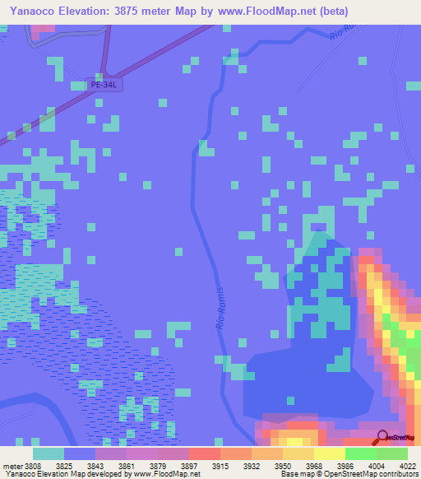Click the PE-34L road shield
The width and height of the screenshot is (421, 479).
coord(104,85)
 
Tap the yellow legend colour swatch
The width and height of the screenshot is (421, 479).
coord(329,453)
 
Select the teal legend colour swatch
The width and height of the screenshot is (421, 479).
coord(49,453)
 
